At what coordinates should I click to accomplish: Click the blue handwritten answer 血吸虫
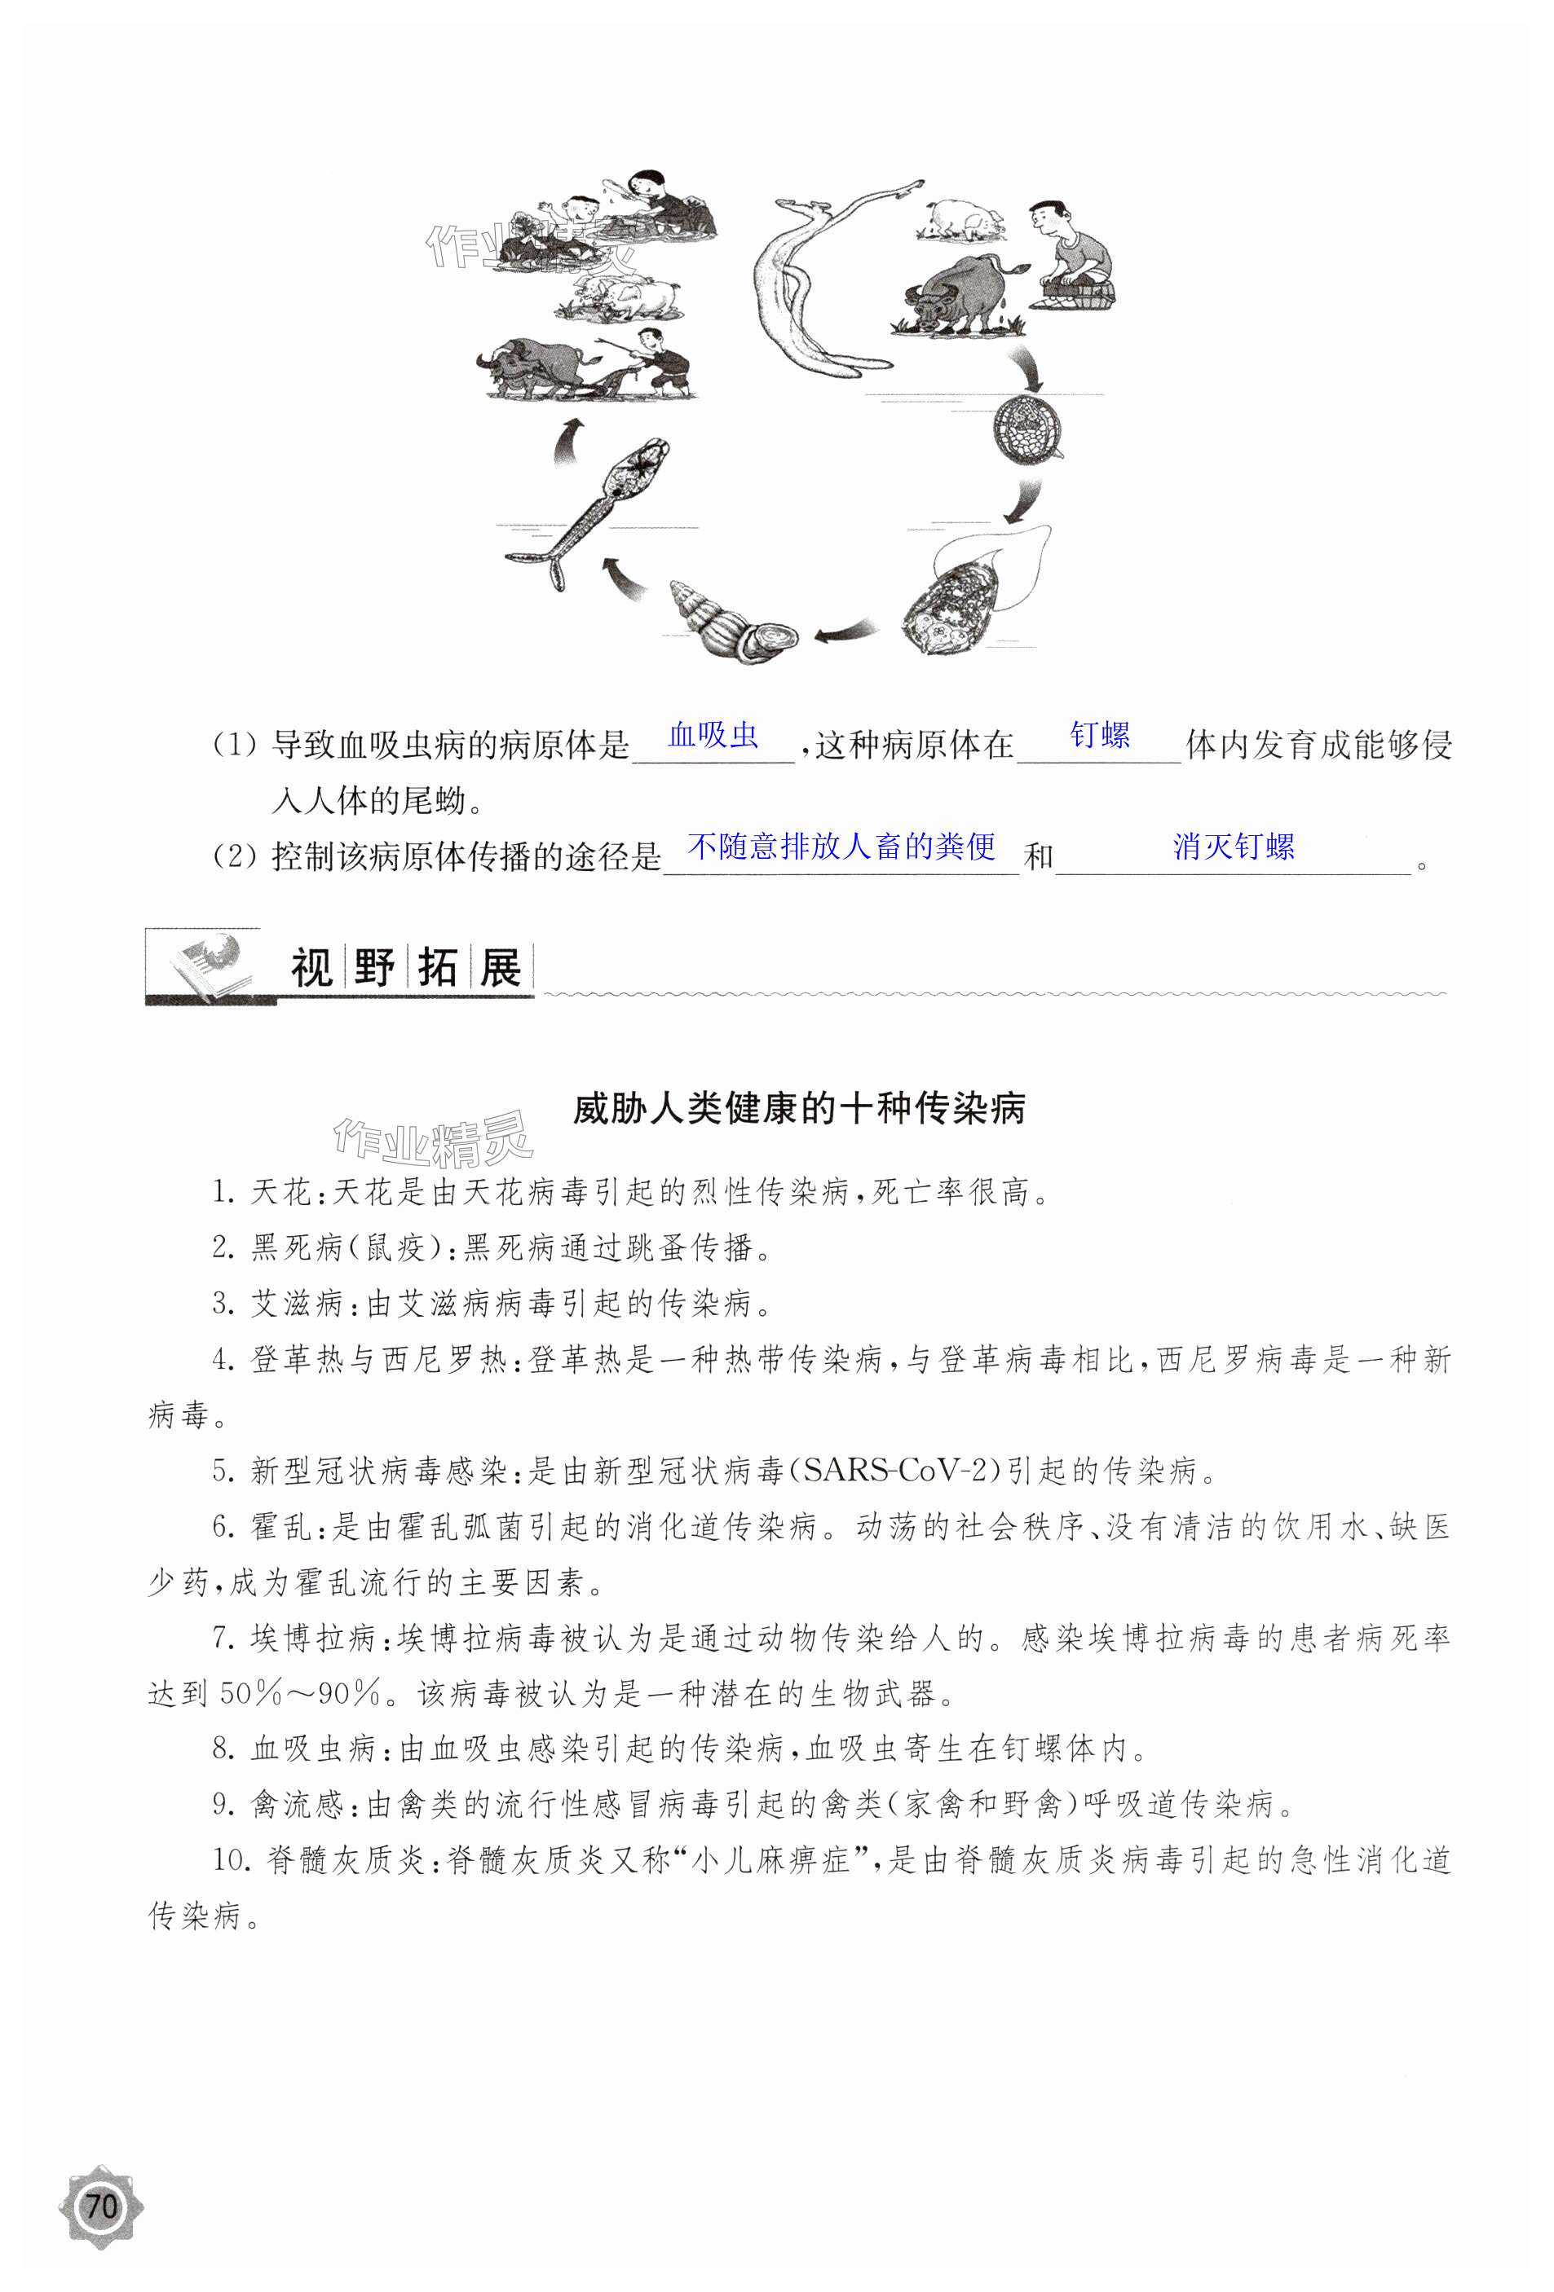point(713,735)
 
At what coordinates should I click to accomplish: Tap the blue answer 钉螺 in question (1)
point(1100,735)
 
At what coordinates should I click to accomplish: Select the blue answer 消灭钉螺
point(1234,847)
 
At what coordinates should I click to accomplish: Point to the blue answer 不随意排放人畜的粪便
point(841,847)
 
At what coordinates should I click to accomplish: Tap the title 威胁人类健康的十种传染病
point(799,1109)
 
